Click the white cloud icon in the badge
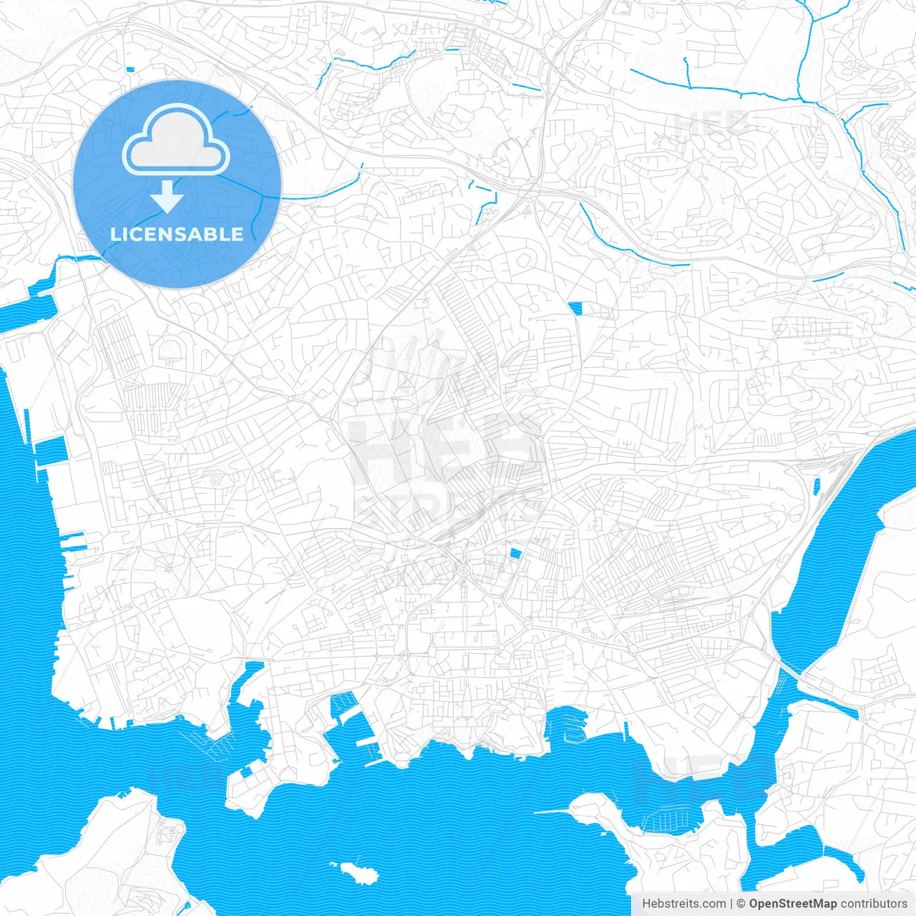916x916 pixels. point(176,140)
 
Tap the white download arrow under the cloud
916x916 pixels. point(167,197)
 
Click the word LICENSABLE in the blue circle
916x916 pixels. point(177,234)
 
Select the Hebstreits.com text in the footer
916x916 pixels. point(683,904)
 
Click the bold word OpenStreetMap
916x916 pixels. point(792,904)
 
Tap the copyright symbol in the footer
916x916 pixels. point(741,904)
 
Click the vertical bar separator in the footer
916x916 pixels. point(731,904)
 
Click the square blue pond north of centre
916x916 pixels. point(575,308)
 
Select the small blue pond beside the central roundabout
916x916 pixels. point(515,552)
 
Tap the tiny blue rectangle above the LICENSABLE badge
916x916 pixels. point(130,69)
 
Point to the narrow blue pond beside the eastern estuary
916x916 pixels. point(817,487)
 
